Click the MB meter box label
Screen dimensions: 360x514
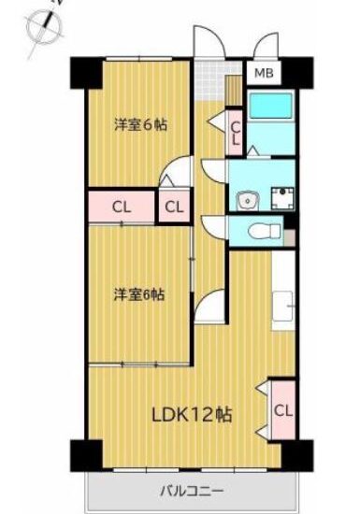264,73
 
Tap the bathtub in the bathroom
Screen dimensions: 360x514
270,106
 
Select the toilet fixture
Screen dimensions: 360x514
265,231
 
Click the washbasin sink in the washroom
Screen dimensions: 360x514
248,200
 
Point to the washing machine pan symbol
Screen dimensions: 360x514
282,198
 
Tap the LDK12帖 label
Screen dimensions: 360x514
192,415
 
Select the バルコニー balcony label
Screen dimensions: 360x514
192,492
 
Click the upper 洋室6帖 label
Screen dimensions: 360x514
140,125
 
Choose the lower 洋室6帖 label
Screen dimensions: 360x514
139,294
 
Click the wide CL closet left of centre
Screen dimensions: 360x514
122,207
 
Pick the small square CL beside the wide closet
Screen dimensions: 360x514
174,207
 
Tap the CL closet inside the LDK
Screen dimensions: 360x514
283,410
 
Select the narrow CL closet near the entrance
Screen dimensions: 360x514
236,133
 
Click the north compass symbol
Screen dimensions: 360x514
45,26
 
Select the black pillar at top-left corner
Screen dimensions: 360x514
86,73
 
